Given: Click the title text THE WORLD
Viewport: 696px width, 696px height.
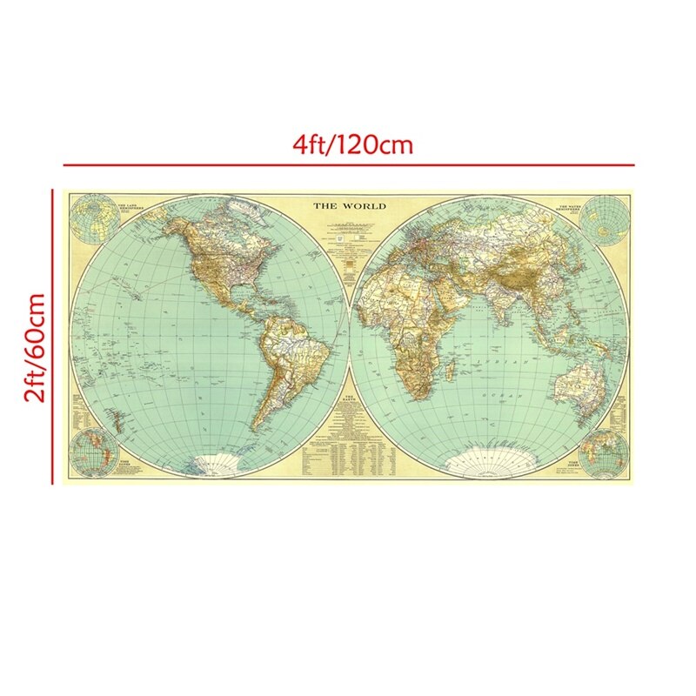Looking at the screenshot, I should point(349,206).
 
